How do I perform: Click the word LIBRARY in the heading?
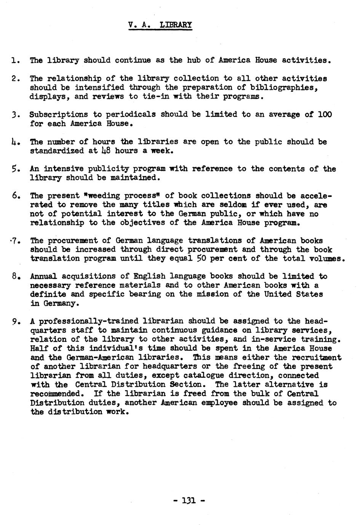pyautogui.click(x=176, y=25)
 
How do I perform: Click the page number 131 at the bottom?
pyautogui.click(x=189, y=500)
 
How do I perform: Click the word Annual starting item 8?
pyautogui.click(x=43, y=276)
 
